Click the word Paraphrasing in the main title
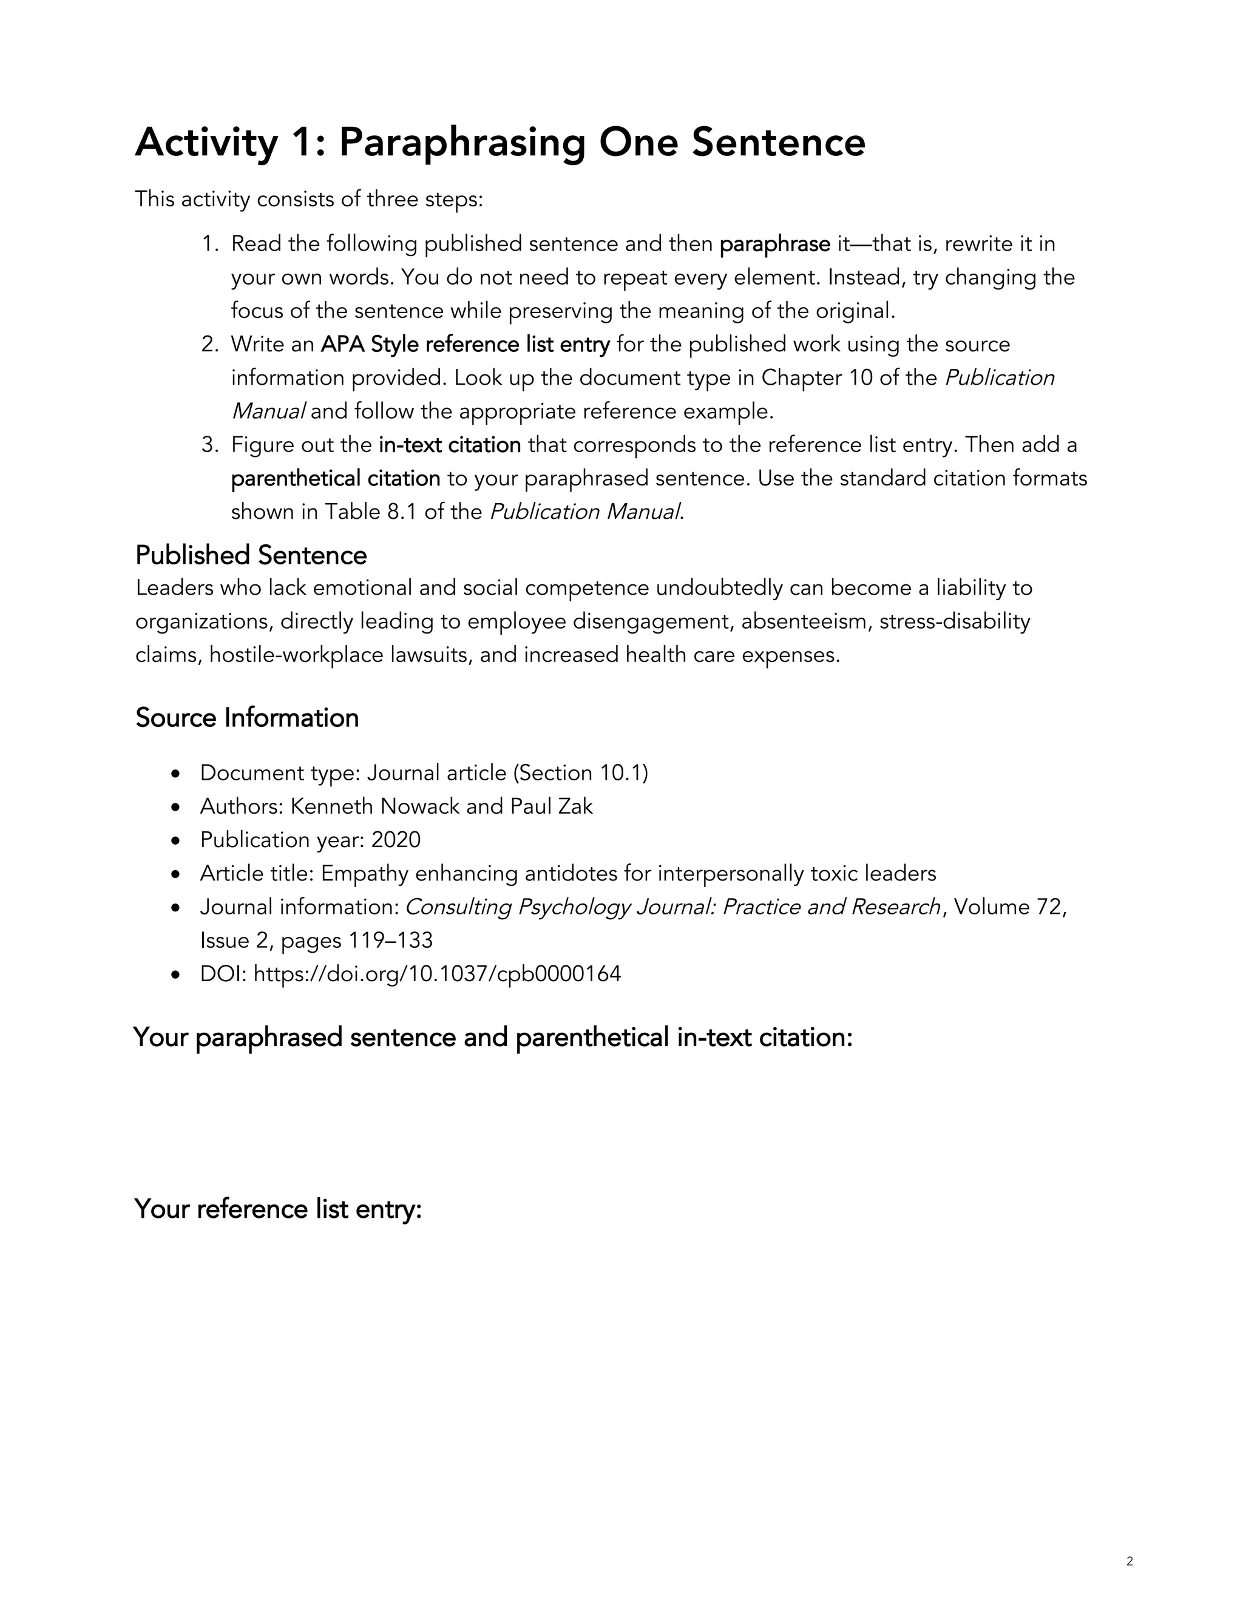click(461, 143)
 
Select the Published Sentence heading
click(251, 555)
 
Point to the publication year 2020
click(396, 840)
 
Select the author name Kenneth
click(331, 806)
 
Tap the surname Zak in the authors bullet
click(575, 806)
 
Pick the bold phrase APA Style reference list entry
click(465, 344)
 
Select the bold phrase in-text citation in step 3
click(449, 445)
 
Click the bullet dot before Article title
click(175, 874)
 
